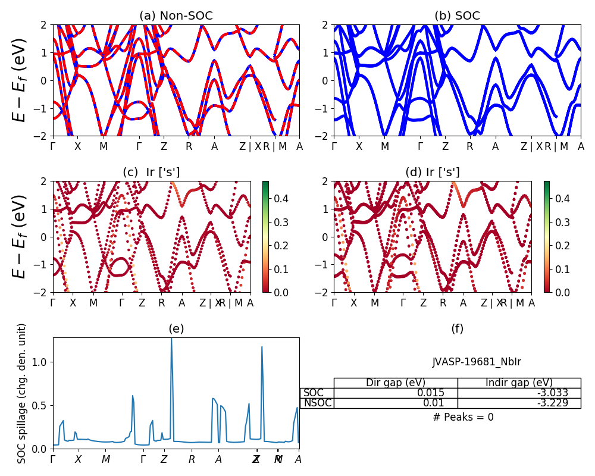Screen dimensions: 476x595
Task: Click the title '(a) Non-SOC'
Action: point(176,16)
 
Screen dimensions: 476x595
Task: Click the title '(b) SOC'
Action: point(457,16)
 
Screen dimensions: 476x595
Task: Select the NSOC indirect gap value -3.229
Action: point(553,403)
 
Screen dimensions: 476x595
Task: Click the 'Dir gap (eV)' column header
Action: point(395,383)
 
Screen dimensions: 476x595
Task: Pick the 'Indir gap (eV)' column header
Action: point(519,383)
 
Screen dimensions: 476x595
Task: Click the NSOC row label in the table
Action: point(317,403)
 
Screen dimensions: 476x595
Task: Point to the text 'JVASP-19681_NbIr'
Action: point(477,361)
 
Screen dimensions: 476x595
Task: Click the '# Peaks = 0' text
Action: point(463,417)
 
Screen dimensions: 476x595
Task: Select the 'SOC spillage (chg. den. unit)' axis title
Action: point(22,393)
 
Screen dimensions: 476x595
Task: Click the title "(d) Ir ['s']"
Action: point(433,173)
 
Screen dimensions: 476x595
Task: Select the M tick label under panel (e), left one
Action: point(106,459)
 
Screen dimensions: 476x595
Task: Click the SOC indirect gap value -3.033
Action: point(553,393)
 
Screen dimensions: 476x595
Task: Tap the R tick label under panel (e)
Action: point(192,459)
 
